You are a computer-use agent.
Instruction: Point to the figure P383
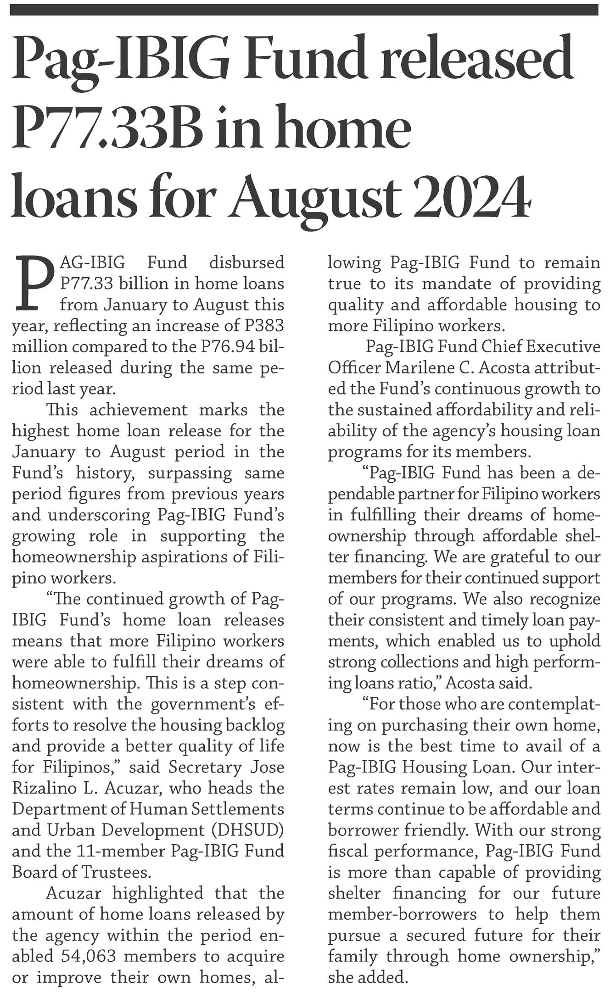(261, 326)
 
